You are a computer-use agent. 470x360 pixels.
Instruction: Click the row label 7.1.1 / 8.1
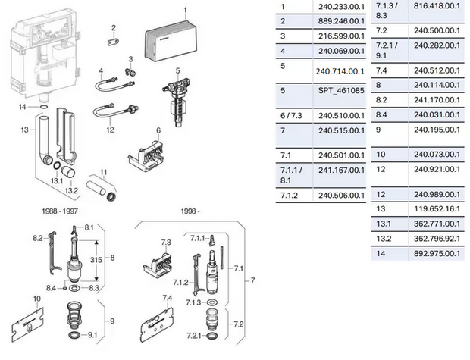[291, 176]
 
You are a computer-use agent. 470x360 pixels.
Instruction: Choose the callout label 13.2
[71, 190]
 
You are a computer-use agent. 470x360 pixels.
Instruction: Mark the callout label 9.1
[92, 334]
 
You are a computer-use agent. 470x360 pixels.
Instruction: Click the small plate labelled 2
[114, 42]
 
